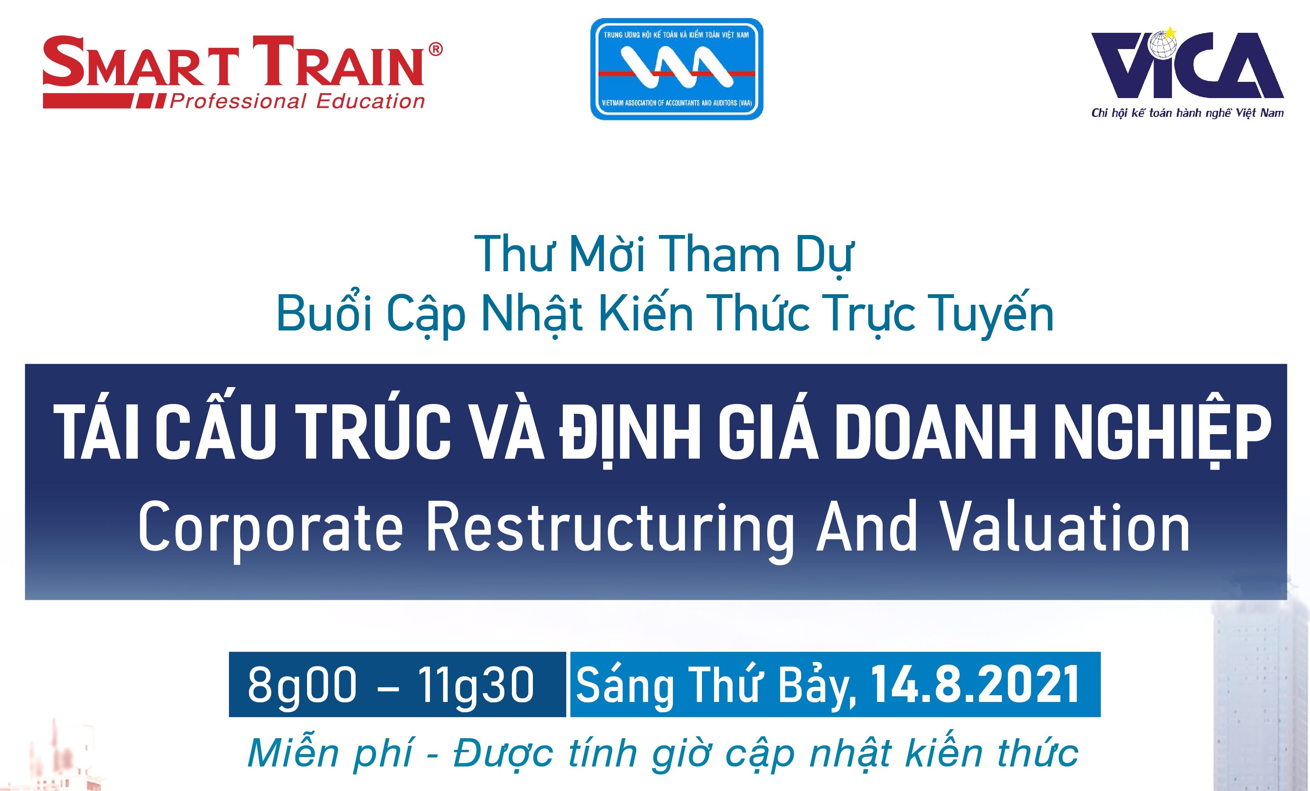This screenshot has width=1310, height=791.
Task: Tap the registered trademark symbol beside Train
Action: point(435,49)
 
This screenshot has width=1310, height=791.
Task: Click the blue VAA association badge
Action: point(677,69)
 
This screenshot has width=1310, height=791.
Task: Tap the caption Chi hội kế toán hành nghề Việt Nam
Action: point(1187,113)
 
